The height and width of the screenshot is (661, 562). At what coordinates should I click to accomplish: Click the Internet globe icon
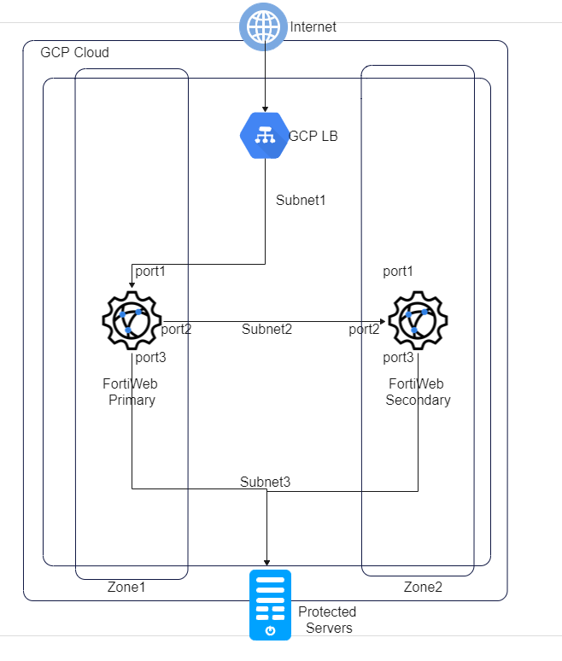point(263,26)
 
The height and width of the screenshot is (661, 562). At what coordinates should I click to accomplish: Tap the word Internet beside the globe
point(313,27)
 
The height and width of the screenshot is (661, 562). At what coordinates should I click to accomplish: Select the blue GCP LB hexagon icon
point(263,135)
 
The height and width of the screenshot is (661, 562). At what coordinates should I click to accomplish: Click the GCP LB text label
point(313,136)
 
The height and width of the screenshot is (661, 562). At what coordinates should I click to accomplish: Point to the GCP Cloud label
point(75,53)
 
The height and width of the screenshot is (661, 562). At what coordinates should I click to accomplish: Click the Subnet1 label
point(301,201)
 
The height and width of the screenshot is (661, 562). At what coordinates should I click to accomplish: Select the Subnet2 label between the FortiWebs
point(266,329)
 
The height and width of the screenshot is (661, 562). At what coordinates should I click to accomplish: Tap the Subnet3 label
point(266,483)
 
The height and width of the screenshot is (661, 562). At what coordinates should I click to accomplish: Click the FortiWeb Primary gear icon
point(132,321)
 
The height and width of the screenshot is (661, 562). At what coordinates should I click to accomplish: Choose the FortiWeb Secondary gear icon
point(418,321)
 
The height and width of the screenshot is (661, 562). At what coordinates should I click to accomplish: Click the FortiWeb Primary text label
point(131,392)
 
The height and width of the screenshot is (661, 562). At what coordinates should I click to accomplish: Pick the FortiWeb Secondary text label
point(418,392)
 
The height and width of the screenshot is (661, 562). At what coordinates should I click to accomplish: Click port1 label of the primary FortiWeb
point(150,271)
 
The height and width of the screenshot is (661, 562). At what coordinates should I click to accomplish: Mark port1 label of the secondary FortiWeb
point(398,272)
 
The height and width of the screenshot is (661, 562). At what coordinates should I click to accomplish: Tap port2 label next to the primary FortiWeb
point(176,329)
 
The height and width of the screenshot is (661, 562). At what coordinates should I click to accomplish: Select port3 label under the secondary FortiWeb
point(398,357)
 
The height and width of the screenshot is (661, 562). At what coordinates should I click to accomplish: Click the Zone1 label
point(127,588)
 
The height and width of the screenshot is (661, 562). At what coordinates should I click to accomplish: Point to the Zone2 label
point(423,588)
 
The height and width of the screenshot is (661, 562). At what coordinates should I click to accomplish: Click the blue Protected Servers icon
point(270,605)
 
